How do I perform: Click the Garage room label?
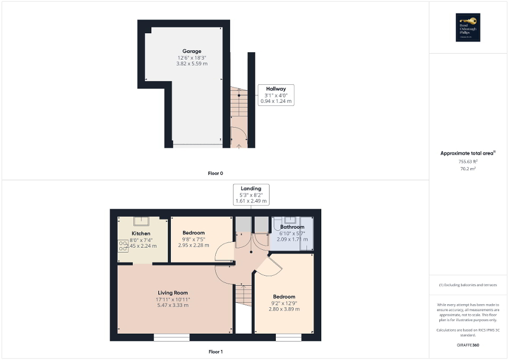click(192, 51)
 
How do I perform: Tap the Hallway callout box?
click(276, 95)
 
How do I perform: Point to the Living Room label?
click(172, 293)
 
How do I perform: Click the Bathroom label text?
click(292, 227)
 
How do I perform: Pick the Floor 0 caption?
click(215, 173)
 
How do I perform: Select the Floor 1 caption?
click(215, 352)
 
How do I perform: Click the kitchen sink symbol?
click(142, 221)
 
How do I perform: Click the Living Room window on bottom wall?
click(171, 337)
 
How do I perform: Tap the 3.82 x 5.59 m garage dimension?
click(192, 64)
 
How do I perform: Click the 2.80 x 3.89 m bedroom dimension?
click(284, 309)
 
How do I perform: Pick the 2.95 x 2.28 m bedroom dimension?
click(193, 245)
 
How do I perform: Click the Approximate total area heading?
click(468, 153)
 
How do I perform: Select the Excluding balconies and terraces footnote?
click(468, 285)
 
